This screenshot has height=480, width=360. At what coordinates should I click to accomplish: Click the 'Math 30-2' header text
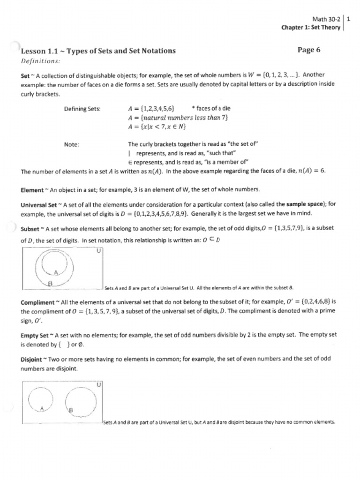(x=326, y=19)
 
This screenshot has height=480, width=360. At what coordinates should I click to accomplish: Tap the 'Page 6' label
(x=309, y=50)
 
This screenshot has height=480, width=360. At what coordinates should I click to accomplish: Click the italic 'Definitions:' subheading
(x=41, y=61)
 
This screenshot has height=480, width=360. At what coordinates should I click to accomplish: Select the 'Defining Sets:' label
(x=83, y=109)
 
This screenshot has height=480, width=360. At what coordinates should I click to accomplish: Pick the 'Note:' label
(x=71, y=144)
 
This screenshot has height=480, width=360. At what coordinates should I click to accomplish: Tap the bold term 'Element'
(x=32, y=190)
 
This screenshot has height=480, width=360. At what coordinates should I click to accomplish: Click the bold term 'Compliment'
(x=37, y=302)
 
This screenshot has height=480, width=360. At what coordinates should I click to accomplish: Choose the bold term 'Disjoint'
(x=32, y=360)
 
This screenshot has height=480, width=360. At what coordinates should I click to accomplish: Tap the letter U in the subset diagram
(x=98, y=251)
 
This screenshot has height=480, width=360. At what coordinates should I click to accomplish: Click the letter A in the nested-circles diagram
(x=56, y=272)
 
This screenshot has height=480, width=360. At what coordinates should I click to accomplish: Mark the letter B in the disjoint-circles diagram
(x=71, y=411)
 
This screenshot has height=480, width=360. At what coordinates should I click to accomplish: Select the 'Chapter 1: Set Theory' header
(x=311, y=27)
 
